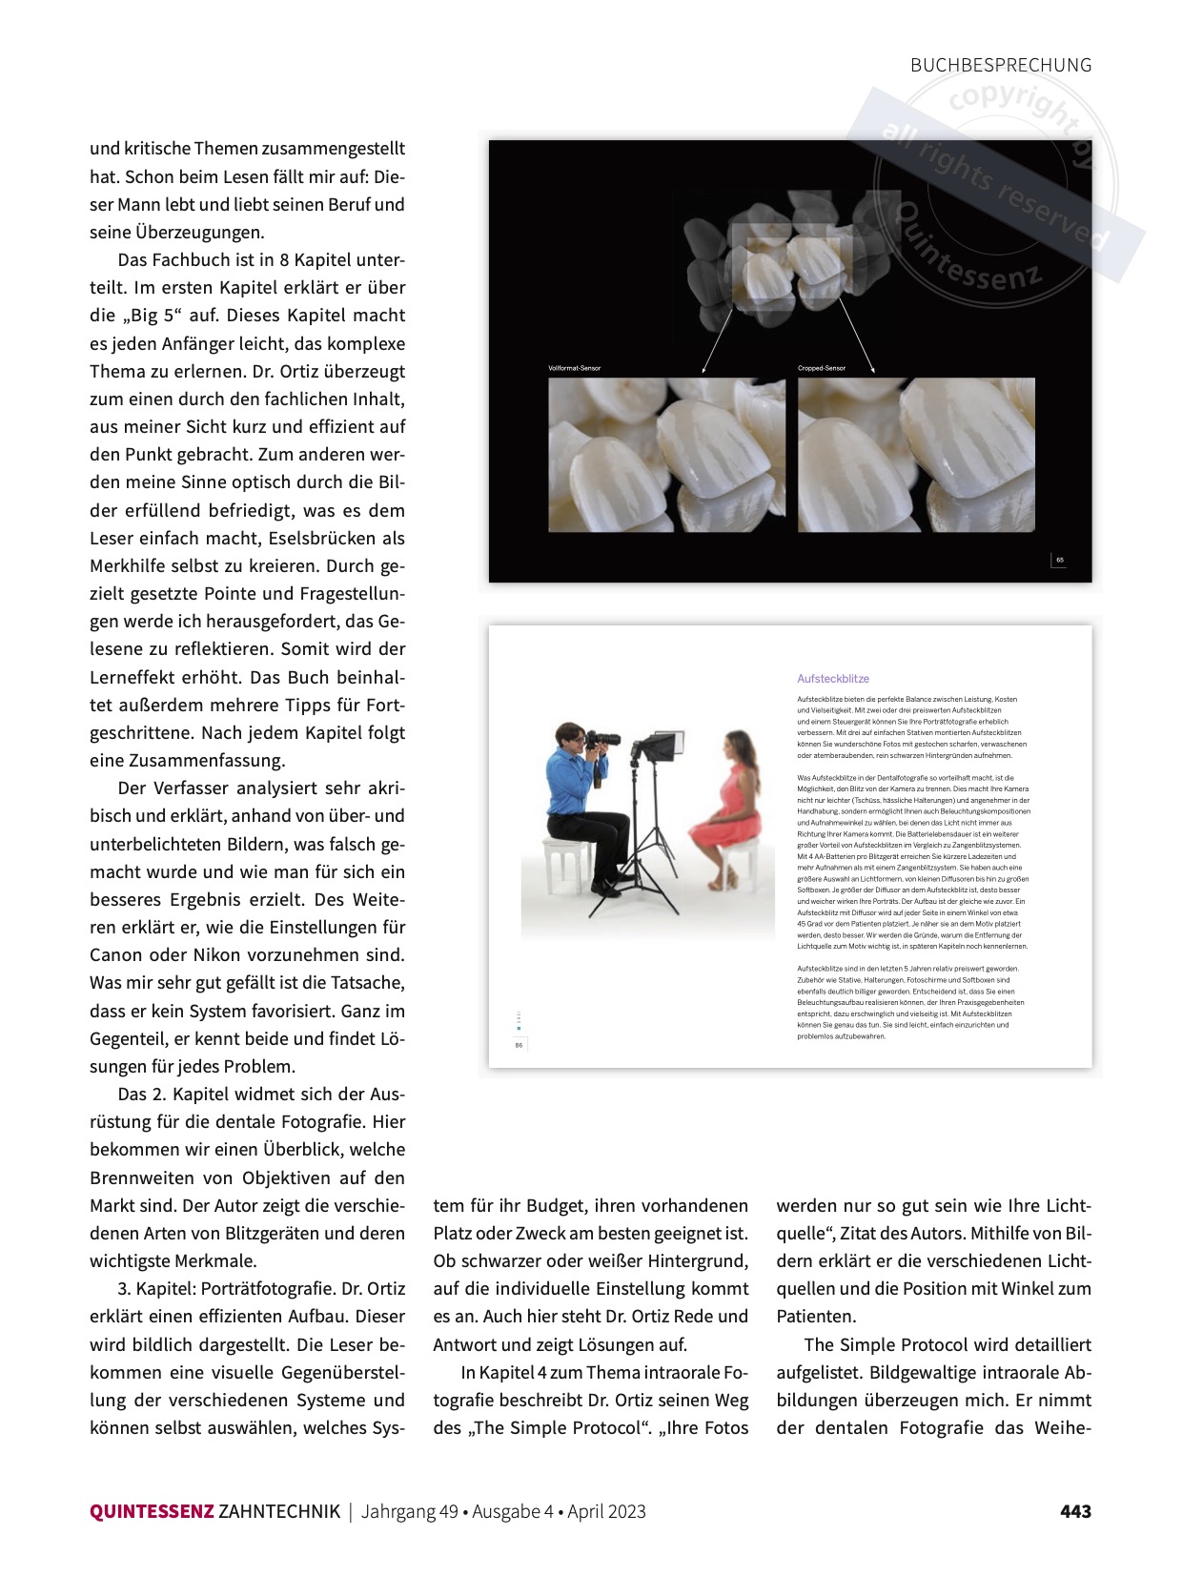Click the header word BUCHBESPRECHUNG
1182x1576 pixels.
point(1000,65)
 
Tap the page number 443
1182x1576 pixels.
point(1075,1511)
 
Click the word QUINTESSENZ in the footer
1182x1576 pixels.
point(152,1511)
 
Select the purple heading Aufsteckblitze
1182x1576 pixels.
point(833,679)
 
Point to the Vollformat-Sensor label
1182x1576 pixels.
point(574,368)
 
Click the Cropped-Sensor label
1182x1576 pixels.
point(822,368)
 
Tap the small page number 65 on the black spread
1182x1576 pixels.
point(1059,560)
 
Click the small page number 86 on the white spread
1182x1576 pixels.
point(519,1045)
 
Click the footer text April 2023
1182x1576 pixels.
point(606,1511)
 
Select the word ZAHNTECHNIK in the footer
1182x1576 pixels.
point(278,1511)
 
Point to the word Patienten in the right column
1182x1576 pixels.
point(816,1316)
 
